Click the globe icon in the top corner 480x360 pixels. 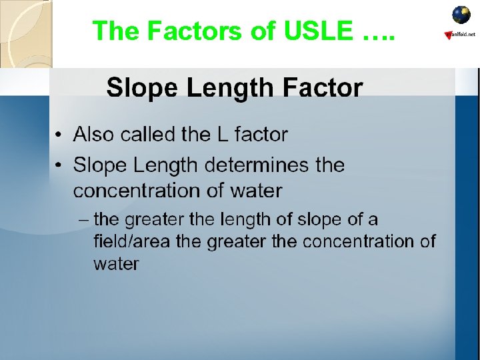point(461,15)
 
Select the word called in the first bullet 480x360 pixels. point(145,135)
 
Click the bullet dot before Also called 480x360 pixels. point(60,135)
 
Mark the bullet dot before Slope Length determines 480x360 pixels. point(60,165)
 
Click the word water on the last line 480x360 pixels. point(116,264)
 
